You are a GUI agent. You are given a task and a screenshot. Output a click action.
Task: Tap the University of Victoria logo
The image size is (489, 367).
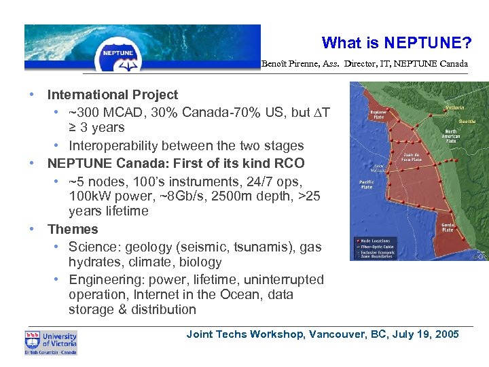coord(51,343)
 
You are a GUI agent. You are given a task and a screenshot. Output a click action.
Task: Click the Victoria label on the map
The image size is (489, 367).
coord(454,107)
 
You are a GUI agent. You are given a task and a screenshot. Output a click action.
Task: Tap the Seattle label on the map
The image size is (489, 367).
coord(467,121)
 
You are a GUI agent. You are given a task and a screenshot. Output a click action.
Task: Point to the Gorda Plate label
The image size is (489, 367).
coord(448,227)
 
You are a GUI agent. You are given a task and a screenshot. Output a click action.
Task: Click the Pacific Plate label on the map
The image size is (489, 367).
coord(366,185)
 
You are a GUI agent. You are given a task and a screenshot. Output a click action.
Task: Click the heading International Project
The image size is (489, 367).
coord(112,94)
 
